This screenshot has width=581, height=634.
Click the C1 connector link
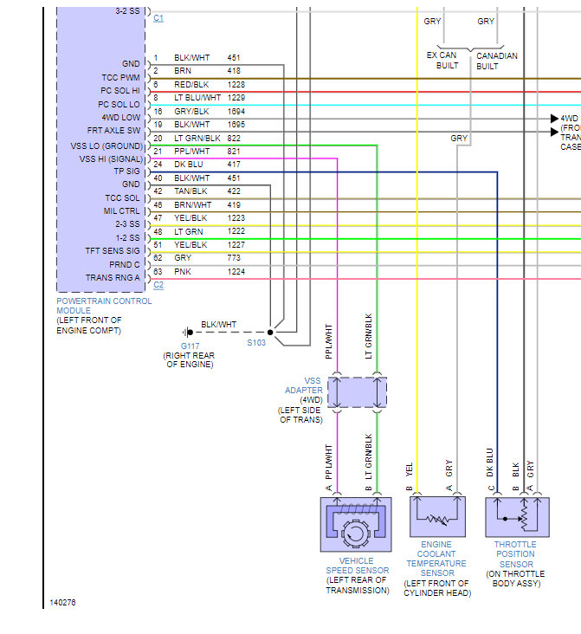(158, 18)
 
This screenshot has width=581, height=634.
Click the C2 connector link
(158, 285)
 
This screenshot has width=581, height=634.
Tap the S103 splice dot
(270, 333)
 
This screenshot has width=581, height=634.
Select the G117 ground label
(190, 346)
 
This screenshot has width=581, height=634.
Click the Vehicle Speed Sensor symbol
(356, 524)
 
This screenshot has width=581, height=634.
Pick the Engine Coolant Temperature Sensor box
(437, 516)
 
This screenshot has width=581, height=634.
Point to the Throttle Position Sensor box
(517, 517)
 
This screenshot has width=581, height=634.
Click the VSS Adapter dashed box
(357, 392)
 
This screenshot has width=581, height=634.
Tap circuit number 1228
(236, 85)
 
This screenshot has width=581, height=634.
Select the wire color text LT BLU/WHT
(197, 98)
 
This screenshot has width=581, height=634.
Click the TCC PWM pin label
(120, 77)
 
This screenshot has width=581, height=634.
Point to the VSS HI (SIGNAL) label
(111, 158)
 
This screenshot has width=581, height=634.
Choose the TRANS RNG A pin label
(113, 278)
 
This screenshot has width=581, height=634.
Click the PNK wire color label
(183, 272)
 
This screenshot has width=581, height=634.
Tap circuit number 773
(234, 257)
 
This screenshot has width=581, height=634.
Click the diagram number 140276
(62, 603)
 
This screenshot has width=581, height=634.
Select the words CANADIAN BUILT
(496, 61)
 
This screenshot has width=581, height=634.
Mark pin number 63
(158, 272)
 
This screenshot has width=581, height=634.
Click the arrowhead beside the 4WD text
(554, 119)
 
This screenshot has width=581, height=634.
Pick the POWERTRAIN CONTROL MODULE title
(104, 306)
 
